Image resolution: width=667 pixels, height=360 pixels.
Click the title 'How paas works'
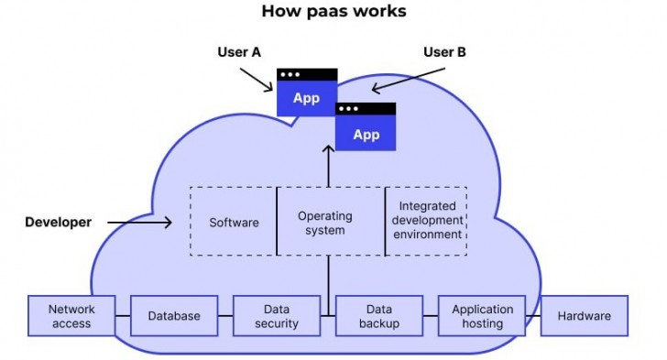pos(333,12)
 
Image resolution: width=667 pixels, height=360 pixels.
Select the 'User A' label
pos(239,52)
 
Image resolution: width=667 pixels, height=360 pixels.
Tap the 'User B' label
pos(444,52)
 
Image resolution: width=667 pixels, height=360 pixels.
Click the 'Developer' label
pos(58,222)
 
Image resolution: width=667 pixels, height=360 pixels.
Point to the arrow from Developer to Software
pos(140,222)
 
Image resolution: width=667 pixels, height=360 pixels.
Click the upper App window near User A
pos(307,93)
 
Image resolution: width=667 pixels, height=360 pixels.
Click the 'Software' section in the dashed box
pos(234,222)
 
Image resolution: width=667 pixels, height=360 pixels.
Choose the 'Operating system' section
pos(325,223)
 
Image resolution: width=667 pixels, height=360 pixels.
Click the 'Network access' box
pos(71,316)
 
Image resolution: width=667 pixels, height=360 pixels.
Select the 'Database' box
pos(174,316)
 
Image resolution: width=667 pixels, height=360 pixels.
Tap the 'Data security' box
pos(276,316)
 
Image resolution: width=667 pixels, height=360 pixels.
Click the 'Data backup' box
pos(379,316)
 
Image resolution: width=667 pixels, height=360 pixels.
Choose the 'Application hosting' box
pos(482,316)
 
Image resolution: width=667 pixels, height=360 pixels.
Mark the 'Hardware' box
pos(585,316)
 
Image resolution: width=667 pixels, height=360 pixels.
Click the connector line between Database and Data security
pos(225,316)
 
